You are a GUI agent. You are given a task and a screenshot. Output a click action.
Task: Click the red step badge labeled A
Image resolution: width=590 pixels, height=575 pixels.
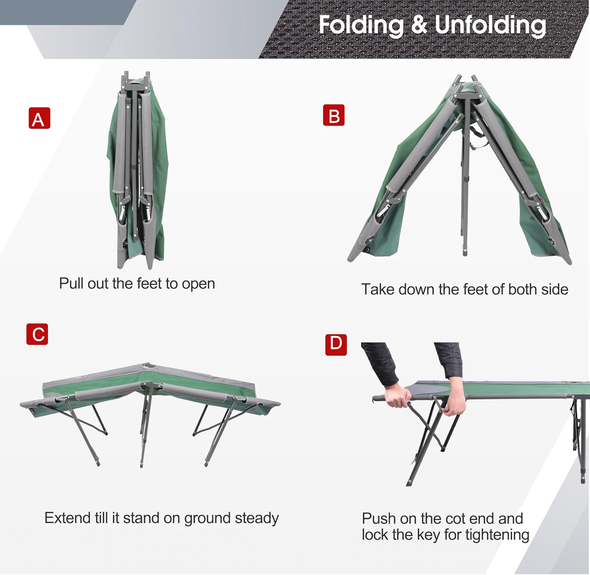(x=39, y=118)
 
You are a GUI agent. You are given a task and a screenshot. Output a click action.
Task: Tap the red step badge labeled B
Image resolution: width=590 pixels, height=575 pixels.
(x=334, y=115)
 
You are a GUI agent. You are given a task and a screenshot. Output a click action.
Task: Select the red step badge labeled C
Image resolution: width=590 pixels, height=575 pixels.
(x=37, y=334)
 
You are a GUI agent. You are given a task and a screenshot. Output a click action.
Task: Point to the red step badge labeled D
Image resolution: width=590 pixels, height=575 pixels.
(x=336, y=345)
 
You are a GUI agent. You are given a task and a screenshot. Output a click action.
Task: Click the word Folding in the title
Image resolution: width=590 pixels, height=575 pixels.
(x=361, y=25)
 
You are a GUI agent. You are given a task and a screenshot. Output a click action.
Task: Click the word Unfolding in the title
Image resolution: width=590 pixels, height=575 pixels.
(x=490, y=25)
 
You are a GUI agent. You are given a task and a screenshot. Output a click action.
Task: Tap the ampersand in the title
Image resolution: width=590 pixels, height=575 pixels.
(x=420, y=25)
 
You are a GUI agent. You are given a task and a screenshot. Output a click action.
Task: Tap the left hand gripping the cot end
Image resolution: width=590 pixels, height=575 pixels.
(x=397, y=397)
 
